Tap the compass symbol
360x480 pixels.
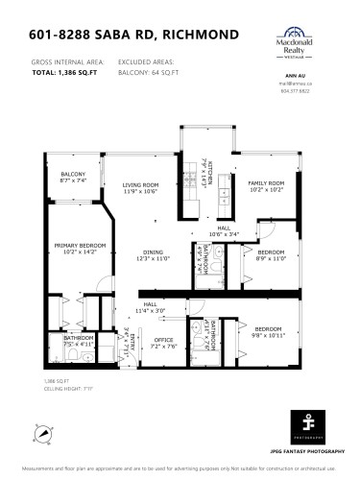42,434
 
